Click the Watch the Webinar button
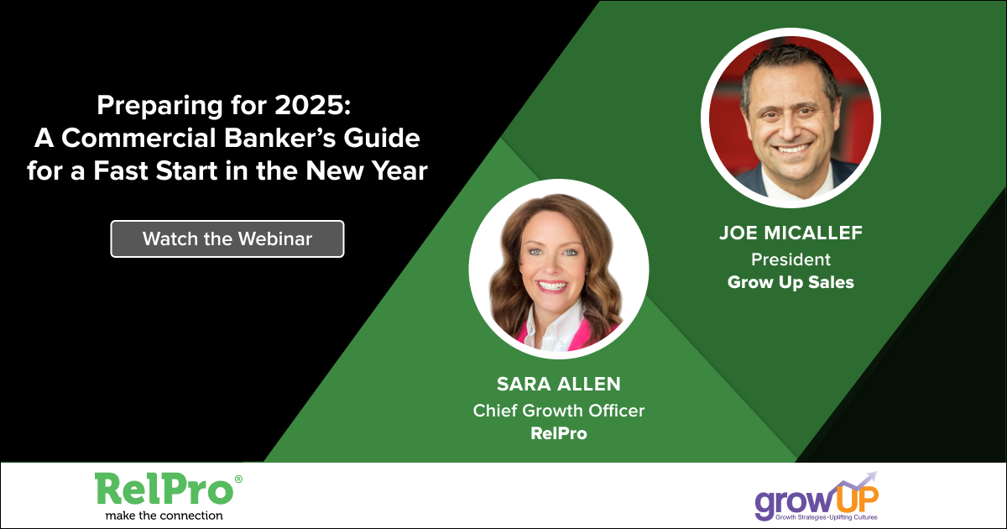[x=227, y=238]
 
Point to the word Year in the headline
[x=399, y=171]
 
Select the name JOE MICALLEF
[x=790, y=233]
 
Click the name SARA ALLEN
[x=559, y=385]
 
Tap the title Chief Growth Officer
[x=559, y=411]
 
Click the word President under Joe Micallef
[x=790, y=259]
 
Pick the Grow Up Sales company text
[x=790, y=282]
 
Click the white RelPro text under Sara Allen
[x=559, y=433]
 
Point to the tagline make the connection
[x=164, y=516]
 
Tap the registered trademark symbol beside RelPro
[x=238, y=479]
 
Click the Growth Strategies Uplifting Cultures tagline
[x=827, y=517]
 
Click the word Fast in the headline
[x=121, y=171]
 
